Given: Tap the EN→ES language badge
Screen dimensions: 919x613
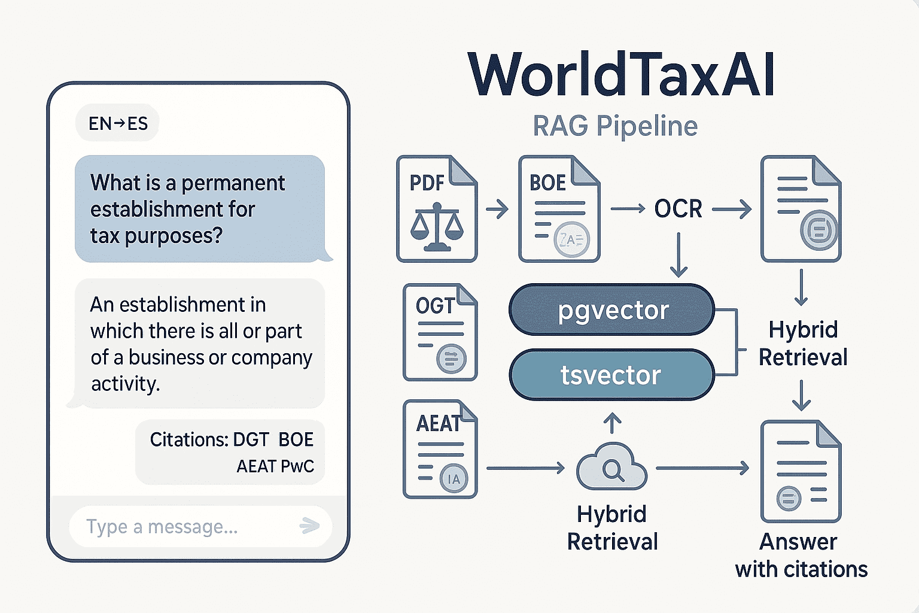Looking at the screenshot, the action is tap(118, 123).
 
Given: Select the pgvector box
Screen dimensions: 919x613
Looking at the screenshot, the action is tap(611, 310).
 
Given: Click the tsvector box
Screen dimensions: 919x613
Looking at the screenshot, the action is tap(611, 375).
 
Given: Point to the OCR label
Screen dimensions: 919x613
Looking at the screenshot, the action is tap(678, 209).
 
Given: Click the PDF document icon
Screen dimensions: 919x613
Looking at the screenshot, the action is tap(437, 208).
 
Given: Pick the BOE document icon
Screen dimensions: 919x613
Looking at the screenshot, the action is tap(559, 208).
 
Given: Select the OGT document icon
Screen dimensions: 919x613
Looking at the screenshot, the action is tap(440, 332).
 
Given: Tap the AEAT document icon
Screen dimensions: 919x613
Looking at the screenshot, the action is tap(440, 449).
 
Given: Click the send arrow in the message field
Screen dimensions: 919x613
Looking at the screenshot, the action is tap(309, 526).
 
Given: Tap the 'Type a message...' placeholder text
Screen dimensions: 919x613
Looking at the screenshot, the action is tap(162, 527).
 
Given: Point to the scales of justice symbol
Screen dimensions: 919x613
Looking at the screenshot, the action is tap(437, 227).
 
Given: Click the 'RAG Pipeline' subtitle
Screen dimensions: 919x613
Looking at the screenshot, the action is tap(615, 126).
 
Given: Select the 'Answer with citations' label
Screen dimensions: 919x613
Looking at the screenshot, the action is tap(801, 555).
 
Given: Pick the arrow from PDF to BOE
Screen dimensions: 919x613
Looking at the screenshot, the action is tap(497, 210).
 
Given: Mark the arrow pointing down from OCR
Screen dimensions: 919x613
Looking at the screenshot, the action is tap(678, 255).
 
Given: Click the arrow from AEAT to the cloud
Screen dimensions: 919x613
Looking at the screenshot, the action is tap(525, 468).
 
